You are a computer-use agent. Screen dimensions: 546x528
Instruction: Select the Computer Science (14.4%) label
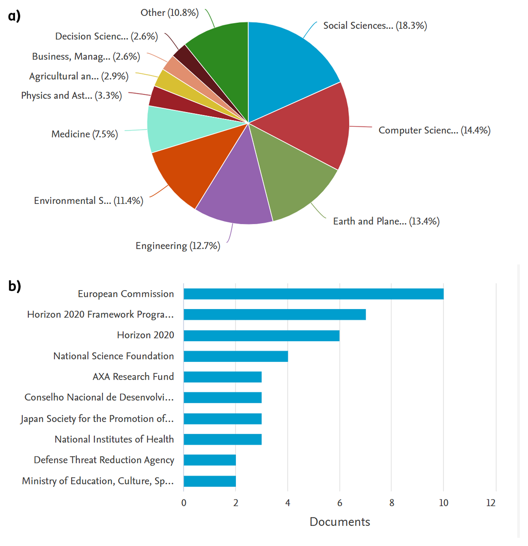pyautogui.click(x=434, y=130)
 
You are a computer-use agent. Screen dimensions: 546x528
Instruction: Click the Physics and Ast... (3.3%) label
pyautogui.click(x=71, y=96)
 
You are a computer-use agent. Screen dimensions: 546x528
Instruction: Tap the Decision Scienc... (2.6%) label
pyautogui.click(x=106, y=37)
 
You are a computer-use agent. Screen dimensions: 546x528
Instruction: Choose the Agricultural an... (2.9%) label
pyautogui.click(x=79, y=76)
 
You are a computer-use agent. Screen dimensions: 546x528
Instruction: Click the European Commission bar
pyautogui.click(x=313, y=294)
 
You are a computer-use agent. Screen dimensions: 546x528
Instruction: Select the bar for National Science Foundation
pyautogui.click(x=235, y=356)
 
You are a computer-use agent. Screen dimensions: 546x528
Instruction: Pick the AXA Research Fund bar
pyautogui.click(x=222, y=377)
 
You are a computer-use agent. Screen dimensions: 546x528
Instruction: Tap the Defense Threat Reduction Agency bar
pyautogui.click(x=209, y=460)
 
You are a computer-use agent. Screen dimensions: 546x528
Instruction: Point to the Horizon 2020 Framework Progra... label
pyautogui.click(x=100, y=314)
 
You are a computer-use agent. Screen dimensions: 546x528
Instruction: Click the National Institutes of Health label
pyautogui.click(x=114, y=439)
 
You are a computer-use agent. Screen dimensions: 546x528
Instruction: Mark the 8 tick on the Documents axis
pyautogui.click(x=392, y=503)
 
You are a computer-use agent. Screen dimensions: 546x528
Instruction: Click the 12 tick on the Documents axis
pyautogui.click(x=491, y=503)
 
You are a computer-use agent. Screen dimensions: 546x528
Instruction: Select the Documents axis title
pyautogui.click(x=340, y=522)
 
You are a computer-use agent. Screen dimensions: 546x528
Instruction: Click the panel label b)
pyautogui.click(x=15, y=286)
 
